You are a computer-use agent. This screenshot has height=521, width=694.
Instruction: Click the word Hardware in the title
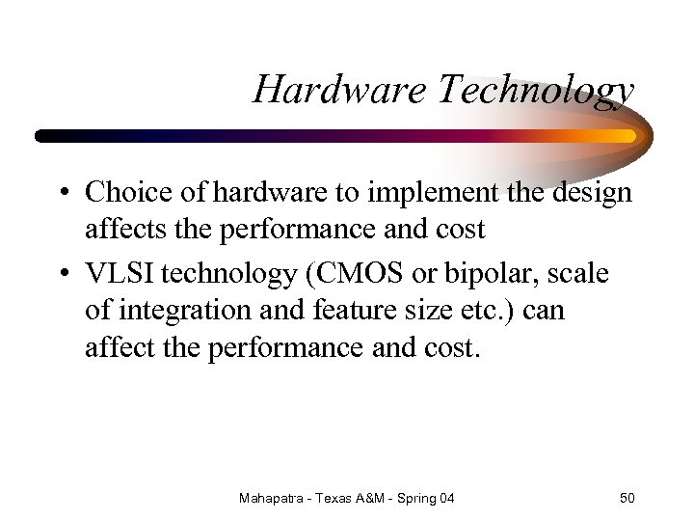pos(340,90)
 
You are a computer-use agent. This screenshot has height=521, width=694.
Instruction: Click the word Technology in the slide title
pos(536,90)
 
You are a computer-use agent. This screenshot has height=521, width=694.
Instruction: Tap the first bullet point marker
pos(61,193)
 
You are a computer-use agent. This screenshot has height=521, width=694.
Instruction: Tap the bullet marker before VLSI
pos(61,275)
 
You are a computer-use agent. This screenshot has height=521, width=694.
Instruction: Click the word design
pos(592,192)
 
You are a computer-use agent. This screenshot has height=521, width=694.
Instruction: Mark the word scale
pos(578,274)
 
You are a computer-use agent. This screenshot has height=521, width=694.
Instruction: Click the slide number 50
pos(627,498)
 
